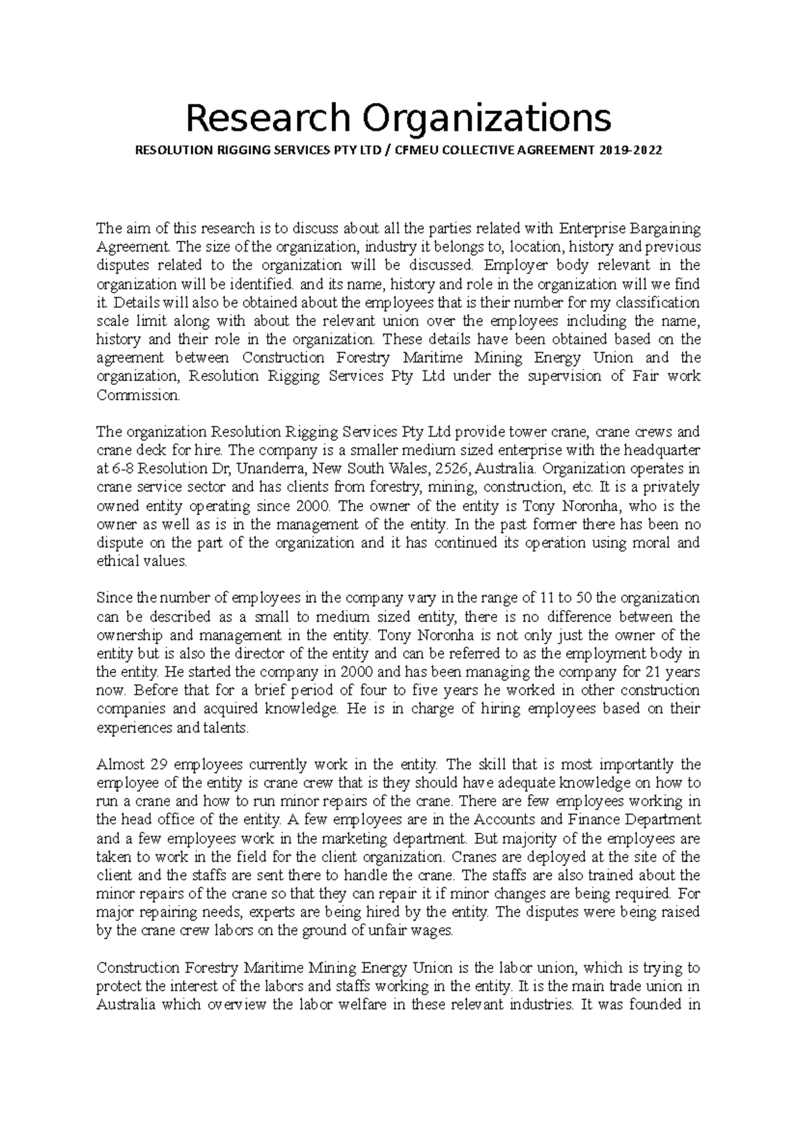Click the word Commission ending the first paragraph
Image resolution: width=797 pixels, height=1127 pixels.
pyautogui.click(x=137, y=396)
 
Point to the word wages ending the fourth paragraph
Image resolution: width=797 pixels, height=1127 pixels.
pyautogui.click(x=433, y=931)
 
